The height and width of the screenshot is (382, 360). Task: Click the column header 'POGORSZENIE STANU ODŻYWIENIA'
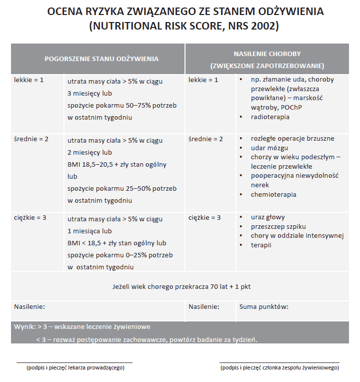coord(101,59)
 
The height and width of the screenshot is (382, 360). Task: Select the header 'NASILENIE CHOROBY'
coord(267,53)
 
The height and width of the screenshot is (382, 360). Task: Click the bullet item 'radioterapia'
coord(270,117)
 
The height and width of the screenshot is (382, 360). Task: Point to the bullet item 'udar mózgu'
coord(269,148)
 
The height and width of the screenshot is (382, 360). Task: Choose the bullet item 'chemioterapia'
coord(273,194)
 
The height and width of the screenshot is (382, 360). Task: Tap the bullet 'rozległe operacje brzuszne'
coord(292,138)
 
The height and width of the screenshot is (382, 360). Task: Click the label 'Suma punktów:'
coord(264,306)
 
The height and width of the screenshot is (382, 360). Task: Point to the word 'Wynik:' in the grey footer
coord(24,326)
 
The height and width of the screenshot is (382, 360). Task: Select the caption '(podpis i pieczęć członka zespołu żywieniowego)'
coord(279,367)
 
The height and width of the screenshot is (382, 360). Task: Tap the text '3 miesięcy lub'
coord(89,93)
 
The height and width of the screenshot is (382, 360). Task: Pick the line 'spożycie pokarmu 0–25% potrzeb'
coord(120,255)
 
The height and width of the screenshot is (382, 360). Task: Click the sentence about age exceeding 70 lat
coord(181,286)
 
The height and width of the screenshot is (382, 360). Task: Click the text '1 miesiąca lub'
coord(89,231)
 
